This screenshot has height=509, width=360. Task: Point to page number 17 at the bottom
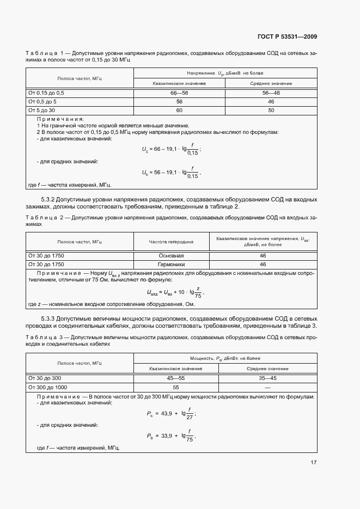point(313,463)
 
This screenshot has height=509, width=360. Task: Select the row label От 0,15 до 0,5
point(46,93)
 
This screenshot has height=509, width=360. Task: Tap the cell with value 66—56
point(179,93)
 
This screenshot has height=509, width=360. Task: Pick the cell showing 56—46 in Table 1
point(271,93)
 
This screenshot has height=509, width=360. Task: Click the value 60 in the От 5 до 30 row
point(179,111)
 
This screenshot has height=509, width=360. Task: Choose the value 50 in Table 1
point(271,111)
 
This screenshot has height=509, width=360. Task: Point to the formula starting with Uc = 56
point(171,173)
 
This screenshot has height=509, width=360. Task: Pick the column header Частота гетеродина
point(171,242)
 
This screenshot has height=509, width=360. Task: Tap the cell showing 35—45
point(271,378)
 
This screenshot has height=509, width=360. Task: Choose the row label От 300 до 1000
point(47,387)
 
